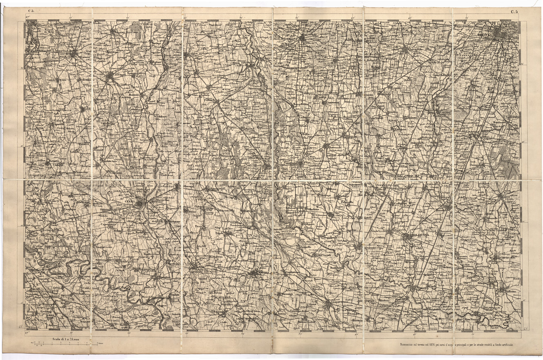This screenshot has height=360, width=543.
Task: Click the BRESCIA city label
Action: [x=485, y=35]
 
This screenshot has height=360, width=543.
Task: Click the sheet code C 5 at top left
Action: [x=31, y=11]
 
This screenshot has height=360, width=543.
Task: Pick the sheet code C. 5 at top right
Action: [x=514, y=11]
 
